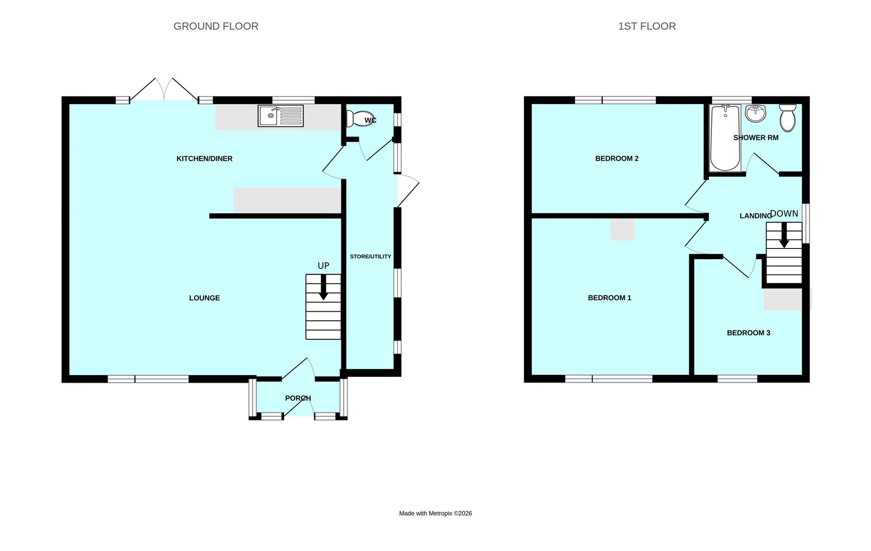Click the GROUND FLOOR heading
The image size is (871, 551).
(216, 26)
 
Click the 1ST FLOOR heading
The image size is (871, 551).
(646, 26)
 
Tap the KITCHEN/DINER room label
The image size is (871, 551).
(204, 159)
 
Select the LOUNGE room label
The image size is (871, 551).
(204, 298)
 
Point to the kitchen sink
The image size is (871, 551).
(281, 116)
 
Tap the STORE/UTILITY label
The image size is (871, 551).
(370, 257)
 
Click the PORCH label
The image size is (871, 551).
(297, 398)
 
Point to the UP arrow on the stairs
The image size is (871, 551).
(323, 288)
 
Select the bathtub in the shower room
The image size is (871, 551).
(725, 138)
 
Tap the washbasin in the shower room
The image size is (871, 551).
(755, 113)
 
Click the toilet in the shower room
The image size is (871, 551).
(788, 118)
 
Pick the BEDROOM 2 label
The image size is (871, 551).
(616, 159)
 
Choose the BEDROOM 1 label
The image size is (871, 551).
(609, 298)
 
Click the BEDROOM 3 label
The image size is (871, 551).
(748, 333)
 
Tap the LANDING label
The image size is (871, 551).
(755, 216)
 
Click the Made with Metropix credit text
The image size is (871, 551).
(435, 513)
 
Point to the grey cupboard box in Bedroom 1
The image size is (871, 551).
(623, 230)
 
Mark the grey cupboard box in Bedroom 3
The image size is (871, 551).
(786, 299)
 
